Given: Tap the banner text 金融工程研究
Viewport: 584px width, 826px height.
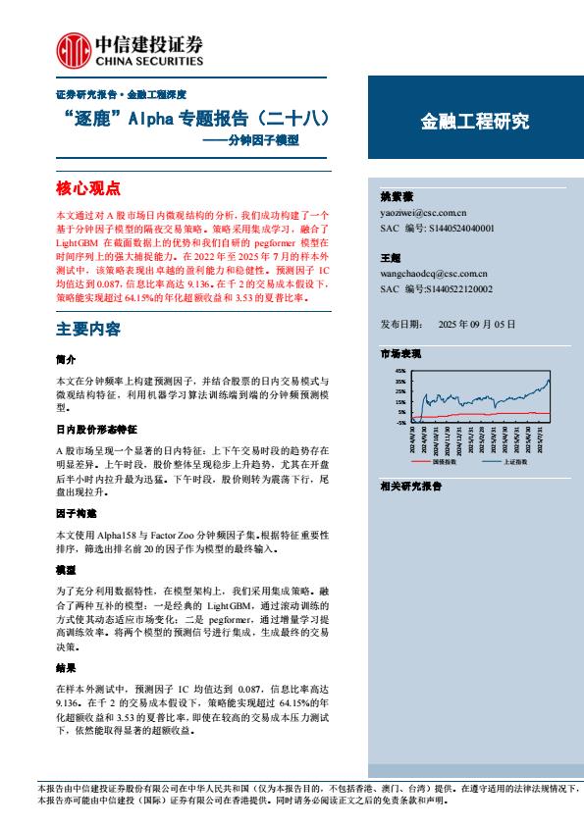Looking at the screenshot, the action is [x=475, y=122].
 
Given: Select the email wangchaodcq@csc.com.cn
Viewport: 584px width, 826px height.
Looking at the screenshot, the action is [x=433, y=274].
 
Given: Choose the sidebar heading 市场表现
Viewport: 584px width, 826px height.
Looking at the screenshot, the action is [x=400, y=351].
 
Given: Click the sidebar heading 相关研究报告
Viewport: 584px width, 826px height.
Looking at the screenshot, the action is [x=410, y=486].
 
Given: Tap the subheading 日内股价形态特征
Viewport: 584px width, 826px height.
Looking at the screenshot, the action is [x=96, y=430].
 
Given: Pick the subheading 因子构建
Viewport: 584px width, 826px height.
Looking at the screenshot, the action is [x=77, y=513].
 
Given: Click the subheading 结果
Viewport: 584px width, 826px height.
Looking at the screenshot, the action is [x=67, y=666].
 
